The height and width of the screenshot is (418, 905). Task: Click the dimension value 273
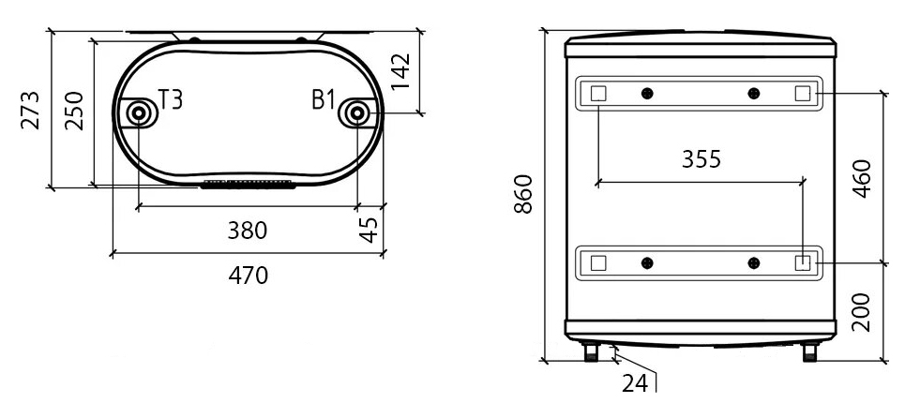click(x=31, y=110)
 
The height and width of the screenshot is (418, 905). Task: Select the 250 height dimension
click(x=74, y=111)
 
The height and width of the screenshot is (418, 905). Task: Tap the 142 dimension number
click(x=400, y=71)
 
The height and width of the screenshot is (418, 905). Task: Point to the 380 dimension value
click(x=248, y=231)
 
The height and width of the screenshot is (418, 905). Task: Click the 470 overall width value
click(x=249, y=276)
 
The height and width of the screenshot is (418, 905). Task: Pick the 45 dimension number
click(x=369, y=230)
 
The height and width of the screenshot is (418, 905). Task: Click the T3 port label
click(x=171, y=99)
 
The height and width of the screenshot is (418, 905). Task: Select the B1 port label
click(x=324, y=99)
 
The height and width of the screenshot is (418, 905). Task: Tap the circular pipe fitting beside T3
click(x=139, y=113)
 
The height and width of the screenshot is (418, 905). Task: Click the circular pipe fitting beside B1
click(x=357, y=113)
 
